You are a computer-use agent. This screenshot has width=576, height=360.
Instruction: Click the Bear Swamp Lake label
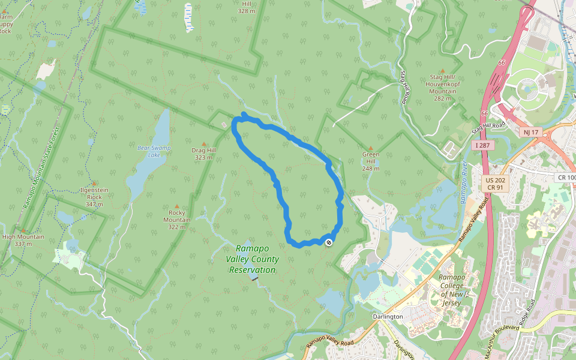point(154,151)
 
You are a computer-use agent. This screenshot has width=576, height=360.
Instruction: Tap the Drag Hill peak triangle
point(203,144)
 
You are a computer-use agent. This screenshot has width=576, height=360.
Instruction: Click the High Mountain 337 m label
point(23,240)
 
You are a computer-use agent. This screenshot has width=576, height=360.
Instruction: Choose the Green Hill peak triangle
point(371,148)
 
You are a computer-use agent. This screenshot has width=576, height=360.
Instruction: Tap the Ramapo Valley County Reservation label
point(252,259)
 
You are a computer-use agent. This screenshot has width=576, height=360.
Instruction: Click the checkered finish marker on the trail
point(328,242)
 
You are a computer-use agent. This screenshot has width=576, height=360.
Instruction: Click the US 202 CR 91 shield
point(496,184)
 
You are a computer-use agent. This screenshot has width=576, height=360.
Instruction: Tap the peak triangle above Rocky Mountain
point(176,206)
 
